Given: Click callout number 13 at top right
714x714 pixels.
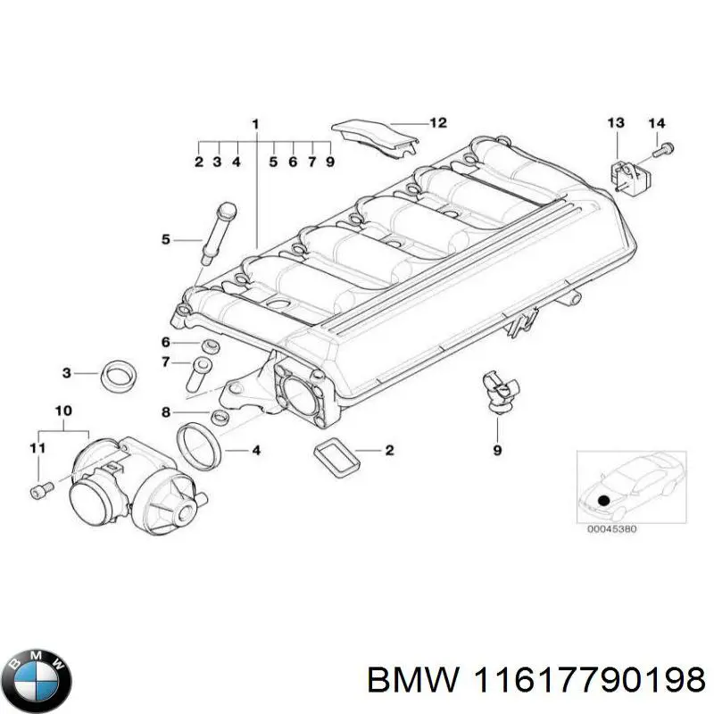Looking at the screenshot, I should (x=617, y=122).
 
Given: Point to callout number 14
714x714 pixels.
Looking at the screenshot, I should (x=656, y=122).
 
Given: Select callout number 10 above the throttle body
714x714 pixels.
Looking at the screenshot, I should (x=62, y=411).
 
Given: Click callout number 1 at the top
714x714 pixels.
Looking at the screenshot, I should (x=255, y=122).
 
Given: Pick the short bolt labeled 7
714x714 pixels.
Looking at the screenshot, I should (x=199, y=372).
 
